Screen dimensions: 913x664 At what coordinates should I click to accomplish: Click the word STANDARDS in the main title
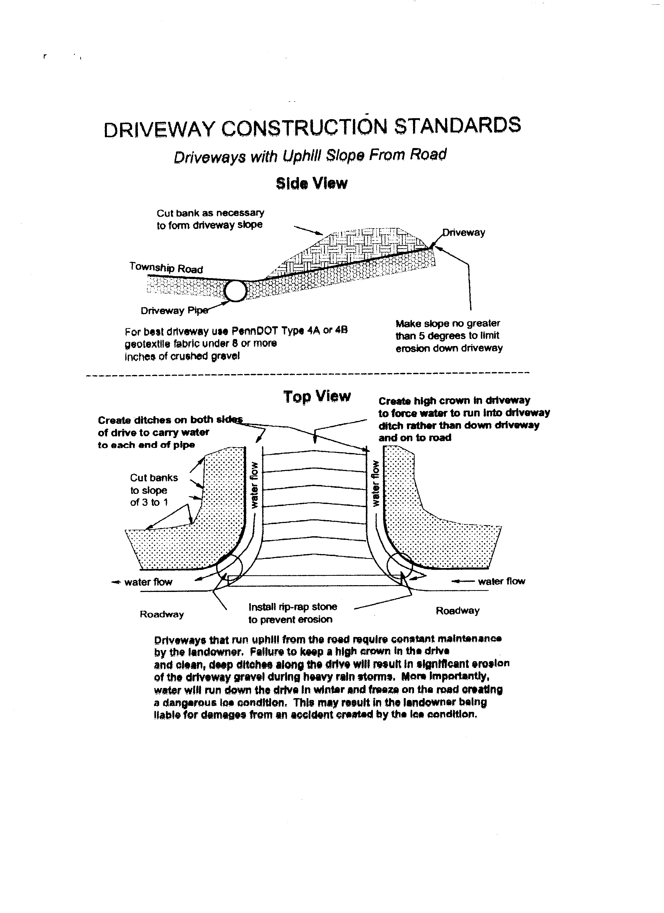tap(457, 126)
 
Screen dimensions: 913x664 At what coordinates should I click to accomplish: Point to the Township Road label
tap(166, 268)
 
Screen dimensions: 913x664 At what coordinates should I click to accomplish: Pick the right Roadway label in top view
tap(457, 611)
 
